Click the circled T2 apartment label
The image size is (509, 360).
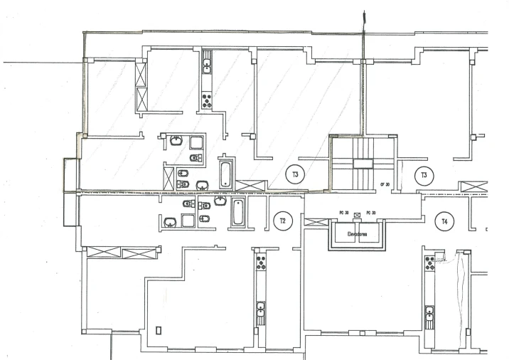click(282, 221)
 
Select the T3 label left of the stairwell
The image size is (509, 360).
click(294, 174)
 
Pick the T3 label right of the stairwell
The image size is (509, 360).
click(424, 174)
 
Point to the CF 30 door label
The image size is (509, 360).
click(387, 184)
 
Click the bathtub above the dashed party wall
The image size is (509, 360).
click(225, 174)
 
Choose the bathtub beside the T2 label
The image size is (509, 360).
click(237, 212)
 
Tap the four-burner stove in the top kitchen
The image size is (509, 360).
click(207, 100)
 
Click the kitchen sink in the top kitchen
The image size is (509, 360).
click(207, 68)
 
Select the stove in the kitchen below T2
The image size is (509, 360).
click(261, 263)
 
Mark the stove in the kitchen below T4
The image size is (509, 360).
click(429, 263)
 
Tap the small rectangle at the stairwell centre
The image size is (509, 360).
click(363, 164)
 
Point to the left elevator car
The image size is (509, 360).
click(346, 237)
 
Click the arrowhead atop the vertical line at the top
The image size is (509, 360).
click(363, 14)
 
